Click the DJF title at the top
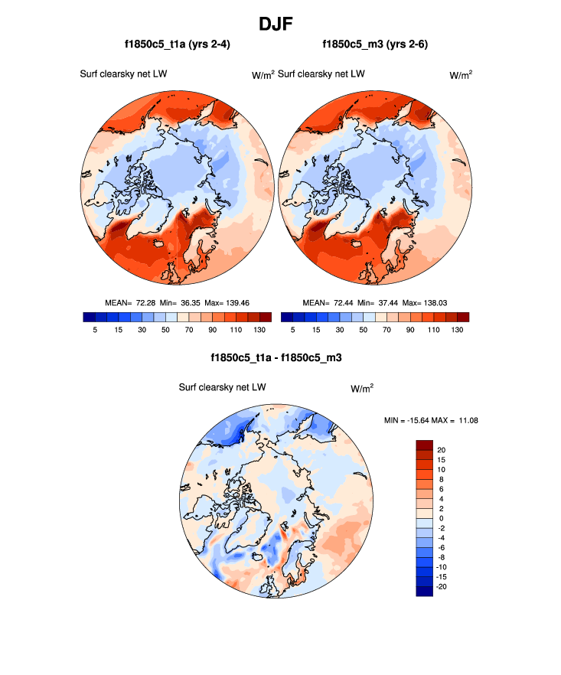(x=280, y=24)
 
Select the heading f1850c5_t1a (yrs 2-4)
(x=178, y=44)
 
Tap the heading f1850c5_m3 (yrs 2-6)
(x=375, y=44)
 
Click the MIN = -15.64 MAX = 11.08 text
(x=431, y=419)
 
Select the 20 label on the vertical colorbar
(x=441, y=449)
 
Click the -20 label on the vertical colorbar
(x=442, y=586)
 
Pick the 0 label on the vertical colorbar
(x=440, y=518)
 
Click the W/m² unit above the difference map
(x=363, y=388)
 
